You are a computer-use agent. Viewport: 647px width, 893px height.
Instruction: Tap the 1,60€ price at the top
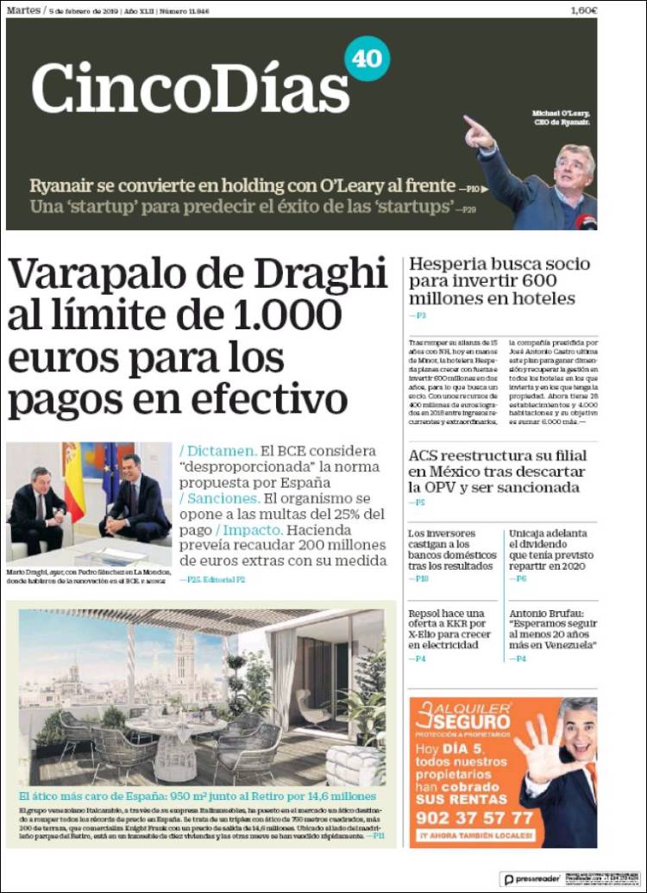pos(584,10)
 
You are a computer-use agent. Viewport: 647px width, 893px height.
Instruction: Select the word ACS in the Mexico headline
pos(429,456)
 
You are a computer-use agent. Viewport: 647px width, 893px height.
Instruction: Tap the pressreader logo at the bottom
pos(532,878)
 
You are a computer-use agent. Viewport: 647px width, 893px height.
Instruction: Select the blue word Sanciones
pos(221,498)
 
